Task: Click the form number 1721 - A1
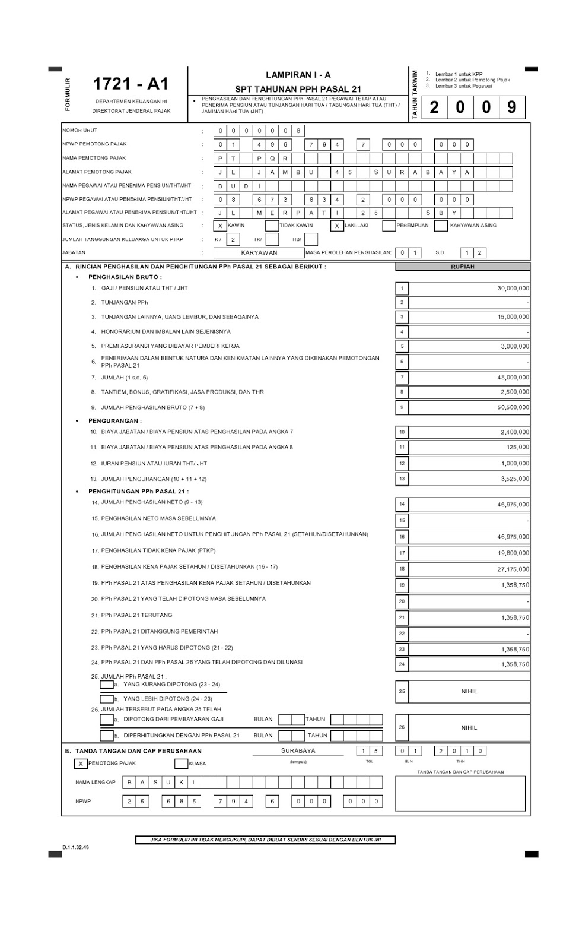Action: click(131, 84)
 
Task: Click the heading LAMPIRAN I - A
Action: click(298, 75)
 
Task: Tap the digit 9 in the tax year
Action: click(511, 107)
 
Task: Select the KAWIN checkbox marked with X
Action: click(220, 226)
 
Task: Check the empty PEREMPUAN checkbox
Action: click(389, 226)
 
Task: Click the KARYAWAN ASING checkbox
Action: click(441, 226)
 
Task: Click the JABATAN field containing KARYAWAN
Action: click(259, 252)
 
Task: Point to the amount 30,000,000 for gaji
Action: click(513, 289)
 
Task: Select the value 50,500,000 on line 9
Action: click(513, 408)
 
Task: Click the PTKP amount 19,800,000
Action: click(513, 553)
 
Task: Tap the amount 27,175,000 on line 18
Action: click(513, 569)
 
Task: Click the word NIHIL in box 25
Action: click(469, 692)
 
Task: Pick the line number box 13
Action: click(402, 479)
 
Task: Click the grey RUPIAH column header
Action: click(463, 267)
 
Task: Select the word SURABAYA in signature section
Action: click(298, 751)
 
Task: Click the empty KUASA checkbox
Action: click(181, 764)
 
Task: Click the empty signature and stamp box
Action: click(460, 794)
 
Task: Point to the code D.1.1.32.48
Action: click(75, 848)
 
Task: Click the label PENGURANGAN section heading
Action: click(115, 421)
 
